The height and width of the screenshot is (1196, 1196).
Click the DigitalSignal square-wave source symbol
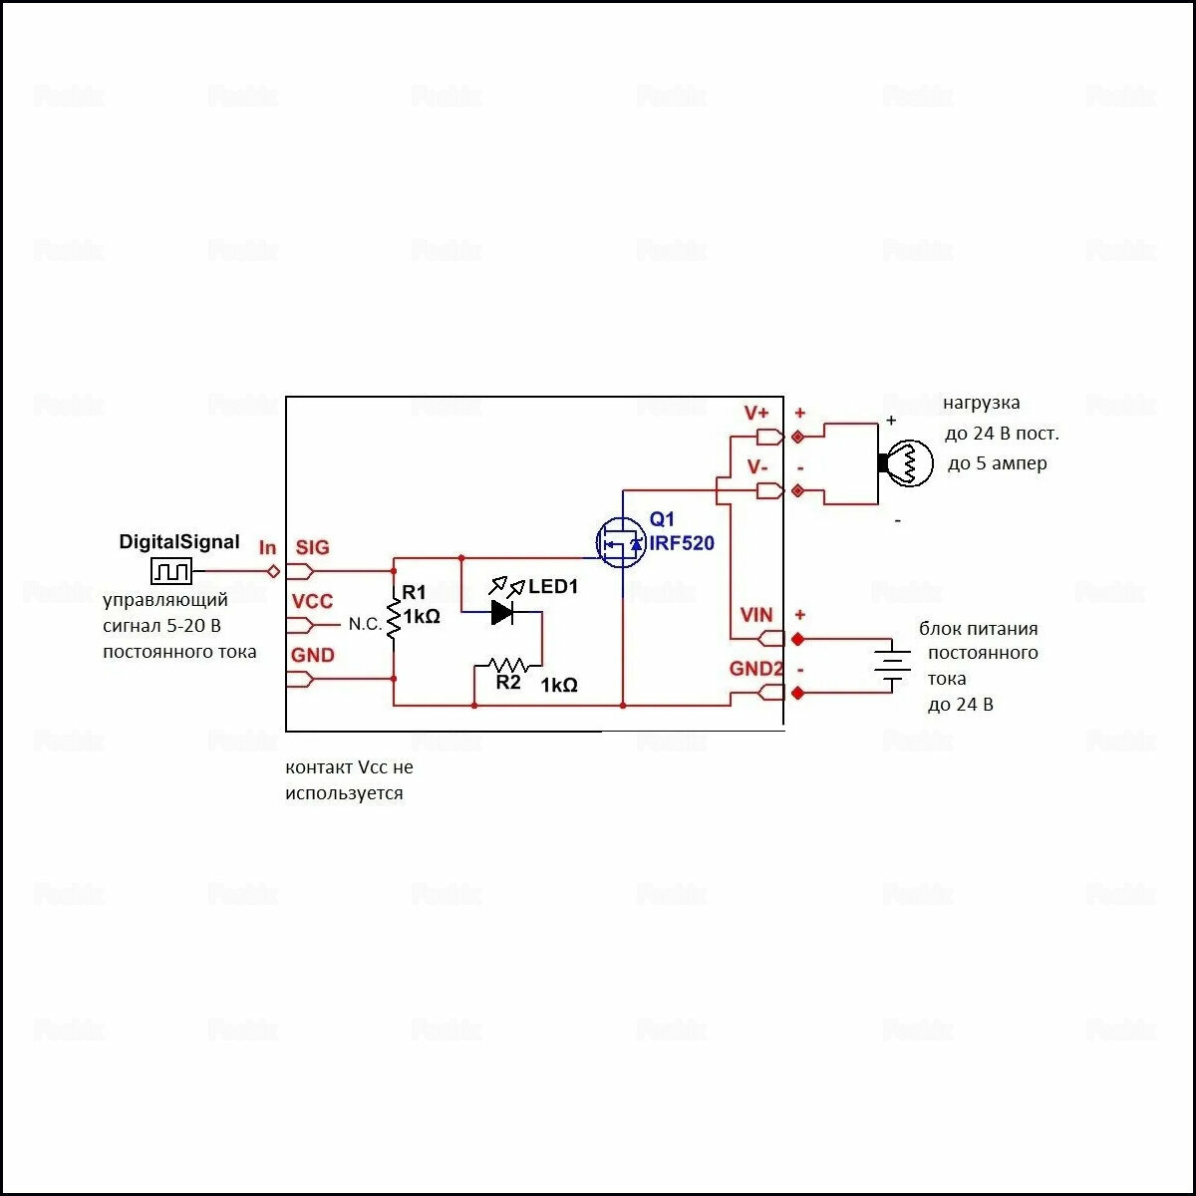tap(170, 571)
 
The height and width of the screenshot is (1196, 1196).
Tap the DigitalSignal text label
tap(179, 542)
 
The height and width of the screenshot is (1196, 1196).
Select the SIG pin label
tap(312, 547)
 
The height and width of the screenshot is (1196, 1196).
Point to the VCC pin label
tap(312, 601)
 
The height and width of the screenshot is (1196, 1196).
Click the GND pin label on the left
tap(312, 655)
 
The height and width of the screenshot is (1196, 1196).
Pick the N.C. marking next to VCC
tap(365, 624)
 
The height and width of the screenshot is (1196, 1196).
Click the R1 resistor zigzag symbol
tap(394, 619)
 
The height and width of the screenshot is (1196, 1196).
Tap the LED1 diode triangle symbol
tap(503, 612)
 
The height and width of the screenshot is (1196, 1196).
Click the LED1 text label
tap(553, 587)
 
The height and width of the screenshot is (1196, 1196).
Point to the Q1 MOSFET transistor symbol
tap(620, 544)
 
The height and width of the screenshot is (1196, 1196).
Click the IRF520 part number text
tap(682, 543)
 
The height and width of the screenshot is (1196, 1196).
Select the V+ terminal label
tap(756, 413)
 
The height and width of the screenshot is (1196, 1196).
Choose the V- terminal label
tap(756, 466)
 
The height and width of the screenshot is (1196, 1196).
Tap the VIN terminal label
tap(756, 615)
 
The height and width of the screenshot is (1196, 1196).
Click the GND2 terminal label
tap(754, 669)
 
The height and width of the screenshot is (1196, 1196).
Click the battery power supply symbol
tap(893, 666)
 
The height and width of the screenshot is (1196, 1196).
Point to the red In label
tap(267, 548)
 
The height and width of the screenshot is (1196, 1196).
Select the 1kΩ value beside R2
tap(559, 685)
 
